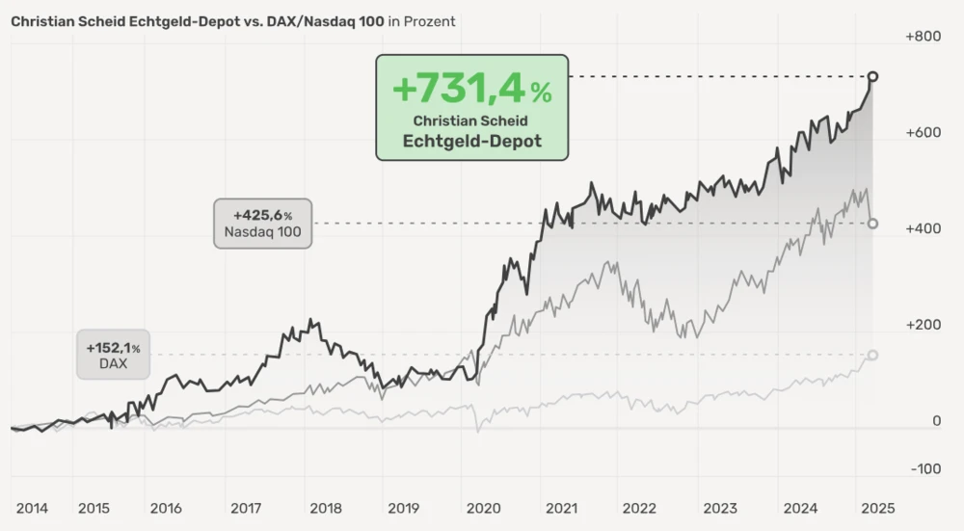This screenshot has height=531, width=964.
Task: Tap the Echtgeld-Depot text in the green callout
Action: click(471, 141)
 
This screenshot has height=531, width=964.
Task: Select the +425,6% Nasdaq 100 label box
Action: click(262, 223)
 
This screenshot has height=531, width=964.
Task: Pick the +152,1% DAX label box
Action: click(113, 355)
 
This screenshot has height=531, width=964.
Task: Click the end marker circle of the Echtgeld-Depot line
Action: click(872, 76)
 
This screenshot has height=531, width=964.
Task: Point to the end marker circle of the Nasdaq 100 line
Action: click(872, 224)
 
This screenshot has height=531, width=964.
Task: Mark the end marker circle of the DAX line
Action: click(872, 355)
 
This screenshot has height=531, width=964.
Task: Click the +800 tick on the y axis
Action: click(923, 37)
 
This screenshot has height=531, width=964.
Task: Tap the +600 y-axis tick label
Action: click(923, 133)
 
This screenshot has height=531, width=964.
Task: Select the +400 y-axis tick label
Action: click(923, 229)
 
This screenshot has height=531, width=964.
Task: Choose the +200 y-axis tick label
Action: click(923, 325)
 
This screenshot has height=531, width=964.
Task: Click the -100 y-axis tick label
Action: click(924, 469)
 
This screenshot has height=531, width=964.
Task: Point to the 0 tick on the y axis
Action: click(936, 421)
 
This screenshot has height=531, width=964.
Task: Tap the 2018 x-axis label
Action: click(326, 508)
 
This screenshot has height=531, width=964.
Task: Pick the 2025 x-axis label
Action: click(877, 508)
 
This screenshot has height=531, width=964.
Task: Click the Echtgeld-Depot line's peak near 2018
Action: click(309, 321)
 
